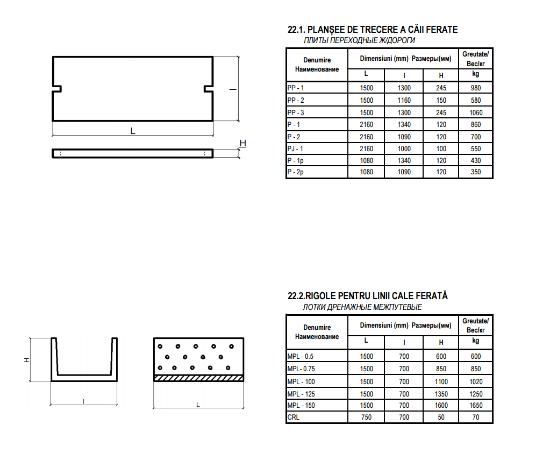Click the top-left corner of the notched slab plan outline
tap(53, 57)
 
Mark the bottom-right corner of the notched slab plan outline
tap(213, 121)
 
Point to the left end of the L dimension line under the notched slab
tap(53, 135)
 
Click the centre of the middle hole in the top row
tap(196, 346)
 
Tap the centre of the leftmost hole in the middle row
tap(167, 357)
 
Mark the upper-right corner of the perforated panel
tap(244, 338)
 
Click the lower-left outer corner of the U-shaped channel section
tap(51, 381)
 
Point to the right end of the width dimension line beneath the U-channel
tap(117, 404)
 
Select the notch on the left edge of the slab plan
tap(57, 89)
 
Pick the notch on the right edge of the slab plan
tap(209, 89)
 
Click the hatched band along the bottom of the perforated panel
tap(198, 378)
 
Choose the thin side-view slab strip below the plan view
tap(132, 153)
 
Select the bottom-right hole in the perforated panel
tap(228, 368)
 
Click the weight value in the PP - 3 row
tap(476, 112)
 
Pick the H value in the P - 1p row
tap(441, 161)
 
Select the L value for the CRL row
tap(366, 417)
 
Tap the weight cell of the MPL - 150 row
tap(476, 406)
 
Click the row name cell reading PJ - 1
tap(295, 149)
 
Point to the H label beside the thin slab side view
tap(243, 143)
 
